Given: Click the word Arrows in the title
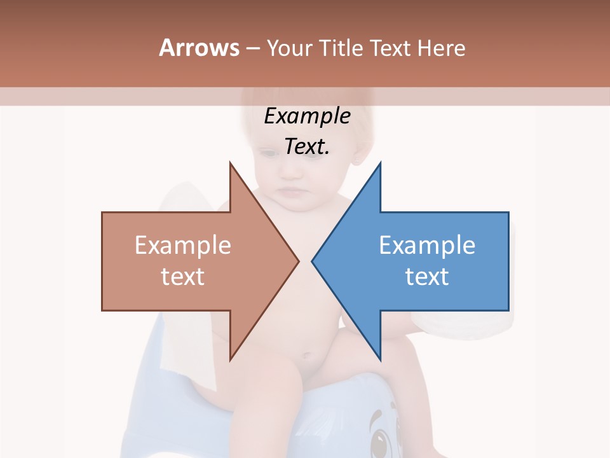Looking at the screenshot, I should tap(199, 48).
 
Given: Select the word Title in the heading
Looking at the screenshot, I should tap(341, 48).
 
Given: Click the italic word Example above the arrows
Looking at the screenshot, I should tap(308, 116).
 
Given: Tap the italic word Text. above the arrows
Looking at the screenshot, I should tap(308, 147).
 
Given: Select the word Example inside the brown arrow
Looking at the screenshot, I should tap(183, 246).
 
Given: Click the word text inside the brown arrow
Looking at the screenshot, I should tap(183, 277).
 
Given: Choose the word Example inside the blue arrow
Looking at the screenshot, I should tap(427, 246).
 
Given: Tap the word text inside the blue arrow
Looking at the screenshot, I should tap(427, 277).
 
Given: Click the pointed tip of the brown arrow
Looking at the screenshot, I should tap(298, 261).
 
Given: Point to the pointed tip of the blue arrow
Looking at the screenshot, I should tap(313, 261).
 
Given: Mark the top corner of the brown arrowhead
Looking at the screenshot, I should tap(231, 163).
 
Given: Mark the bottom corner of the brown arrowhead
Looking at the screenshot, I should tap(231, 359).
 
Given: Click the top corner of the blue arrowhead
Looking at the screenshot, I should tap(380, 163).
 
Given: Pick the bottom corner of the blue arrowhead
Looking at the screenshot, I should tap(380, 359).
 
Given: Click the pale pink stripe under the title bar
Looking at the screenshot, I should tap(305, 97).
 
